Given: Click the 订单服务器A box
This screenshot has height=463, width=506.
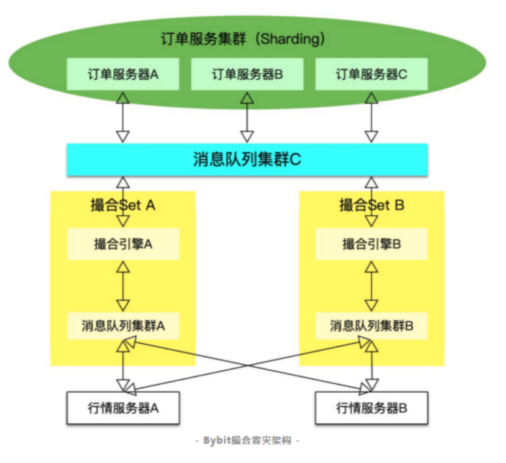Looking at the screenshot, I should point(123,74).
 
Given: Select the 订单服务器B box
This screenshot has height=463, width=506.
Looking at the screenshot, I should point(247,74).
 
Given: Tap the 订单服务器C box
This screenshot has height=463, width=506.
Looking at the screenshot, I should point(371,74).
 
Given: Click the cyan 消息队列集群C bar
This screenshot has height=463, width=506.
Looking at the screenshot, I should point(247,160).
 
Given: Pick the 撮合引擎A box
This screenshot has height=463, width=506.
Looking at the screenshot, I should point(123,244).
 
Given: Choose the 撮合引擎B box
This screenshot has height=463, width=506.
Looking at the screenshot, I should point(371,244).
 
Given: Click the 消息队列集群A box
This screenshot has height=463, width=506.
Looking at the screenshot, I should point(123,325).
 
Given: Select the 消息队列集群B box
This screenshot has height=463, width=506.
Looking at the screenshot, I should point(371,325).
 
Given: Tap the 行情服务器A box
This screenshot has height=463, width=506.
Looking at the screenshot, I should point(123,408).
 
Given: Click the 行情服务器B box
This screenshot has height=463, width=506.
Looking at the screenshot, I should point(371,408).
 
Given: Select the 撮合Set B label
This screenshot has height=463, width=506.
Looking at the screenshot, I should point(371,205).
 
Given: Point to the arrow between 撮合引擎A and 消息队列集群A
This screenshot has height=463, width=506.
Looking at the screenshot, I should point(123,286).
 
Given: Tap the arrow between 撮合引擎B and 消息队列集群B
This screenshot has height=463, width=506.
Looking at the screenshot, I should point(371,286).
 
